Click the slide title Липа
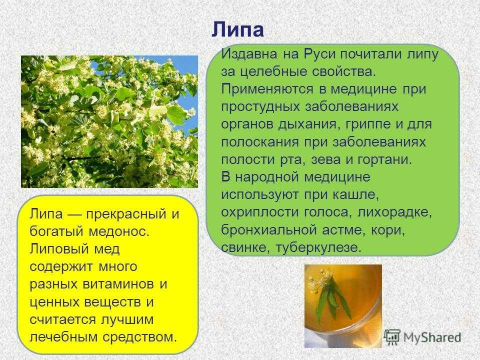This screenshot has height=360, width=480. (237, 29)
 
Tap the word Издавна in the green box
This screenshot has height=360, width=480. (249, 54)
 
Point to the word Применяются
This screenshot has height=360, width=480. (267, 89)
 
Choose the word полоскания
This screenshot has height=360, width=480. (260, 142)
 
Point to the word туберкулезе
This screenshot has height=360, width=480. (318, 247)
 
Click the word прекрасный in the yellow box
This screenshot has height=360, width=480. (126, 214)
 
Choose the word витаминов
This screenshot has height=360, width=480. (119, 284)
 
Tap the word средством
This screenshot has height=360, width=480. (139, 337)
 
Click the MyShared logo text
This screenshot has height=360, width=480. (432, 337)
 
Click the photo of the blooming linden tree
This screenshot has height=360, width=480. (109, 121)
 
